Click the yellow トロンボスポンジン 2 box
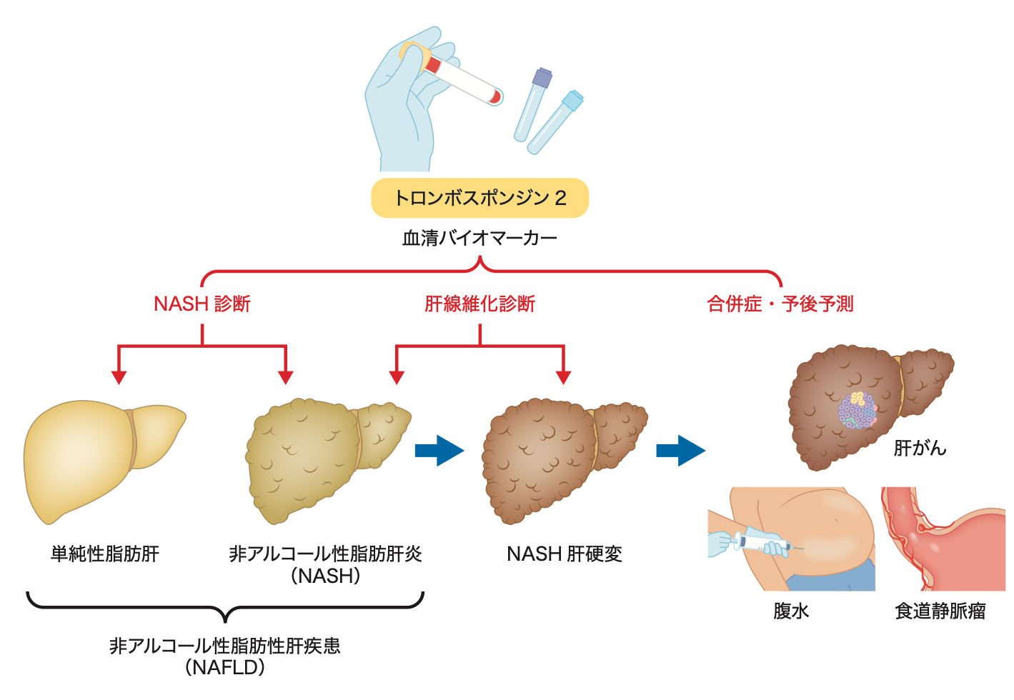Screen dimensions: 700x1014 coord(479,198)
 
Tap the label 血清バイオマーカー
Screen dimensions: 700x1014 coord(479,238)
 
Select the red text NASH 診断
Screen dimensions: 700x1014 coord(202,304)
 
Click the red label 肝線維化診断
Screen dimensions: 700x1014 coord(479,304)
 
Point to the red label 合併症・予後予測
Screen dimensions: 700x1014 coord(780,304)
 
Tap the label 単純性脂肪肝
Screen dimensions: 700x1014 coord(105,554)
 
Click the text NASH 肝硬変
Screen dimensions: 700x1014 coord(565,554)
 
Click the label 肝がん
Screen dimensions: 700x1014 coord(920,448)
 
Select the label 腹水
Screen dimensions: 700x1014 coord(791,611)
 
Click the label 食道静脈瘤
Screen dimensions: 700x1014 coord(940,611)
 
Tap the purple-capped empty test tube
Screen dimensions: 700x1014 coord(533,104)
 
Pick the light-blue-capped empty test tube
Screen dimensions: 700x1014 coord(555,121)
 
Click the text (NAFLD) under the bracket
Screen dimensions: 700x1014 coord(225,668)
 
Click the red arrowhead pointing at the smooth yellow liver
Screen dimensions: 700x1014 coord(119,377)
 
